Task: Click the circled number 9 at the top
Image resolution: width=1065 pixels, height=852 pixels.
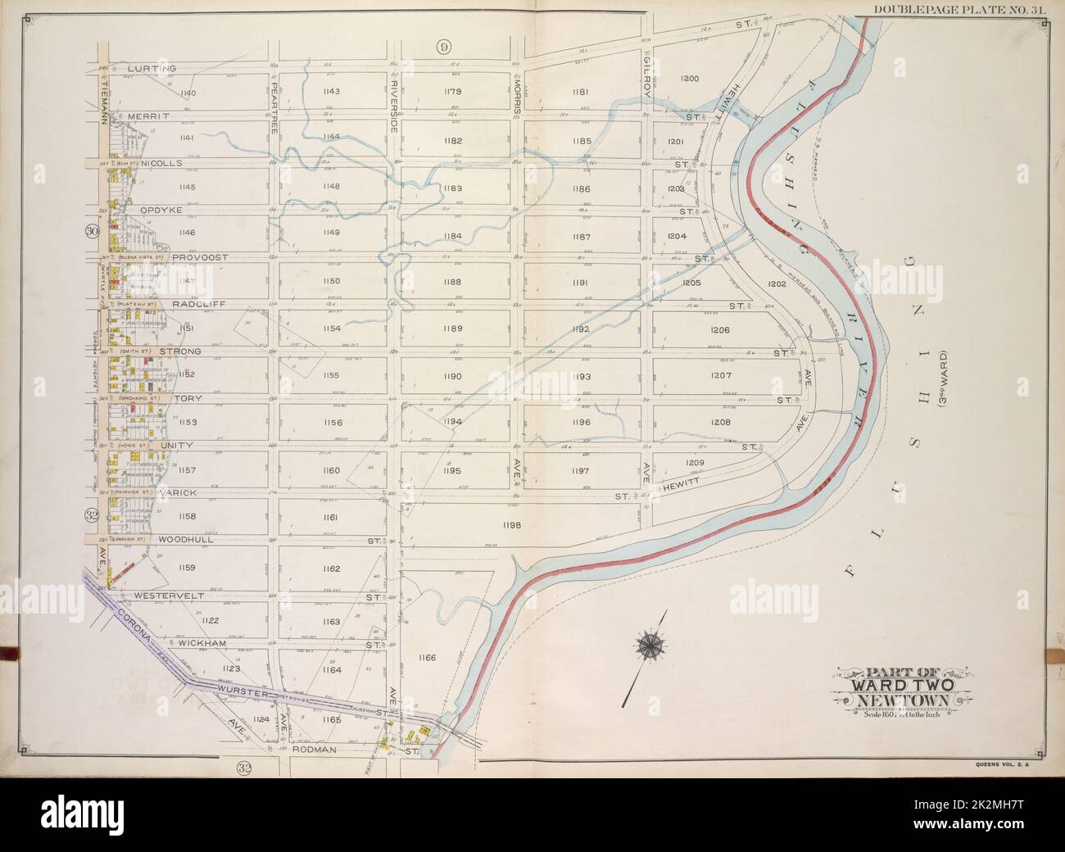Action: click(443, 48)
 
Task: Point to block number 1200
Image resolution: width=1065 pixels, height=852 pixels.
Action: click(690, 79)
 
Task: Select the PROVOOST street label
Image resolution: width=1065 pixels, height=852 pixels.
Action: click(200, 256)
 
